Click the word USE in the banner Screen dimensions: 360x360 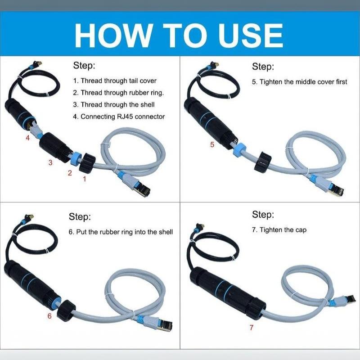[x=251, y=36]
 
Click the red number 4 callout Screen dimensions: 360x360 [x=28, y=138]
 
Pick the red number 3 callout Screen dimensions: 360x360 [x=50, y=162]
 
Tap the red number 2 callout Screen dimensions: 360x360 [x=70, y=173]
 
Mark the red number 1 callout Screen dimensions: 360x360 [x=85, y=179]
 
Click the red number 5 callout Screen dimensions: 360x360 [x=212, y=144]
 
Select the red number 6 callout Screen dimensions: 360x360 [x=49, y=316]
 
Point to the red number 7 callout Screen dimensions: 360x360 [x=252, y=328]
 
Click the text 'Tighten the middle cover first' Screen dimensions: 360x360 [x=303, y=82]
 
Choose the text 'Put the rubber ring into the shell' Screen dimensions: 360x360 [x=125, y=232]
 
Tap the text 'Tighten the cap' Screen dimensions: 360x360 [x=283, y=230]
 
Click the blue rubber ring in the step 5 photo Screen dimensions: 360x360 [x=239, y=150]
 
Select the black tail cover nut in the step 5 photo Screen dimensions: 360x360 [x=263, y=162]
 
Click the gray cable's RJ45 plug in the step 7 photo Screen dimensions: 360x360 [x=347, y=299]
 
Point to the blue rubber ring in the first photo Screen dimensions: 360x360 [x=75, y=158]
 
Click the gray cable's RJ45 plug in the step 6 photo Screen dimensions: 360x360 [x=165, y=324]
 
